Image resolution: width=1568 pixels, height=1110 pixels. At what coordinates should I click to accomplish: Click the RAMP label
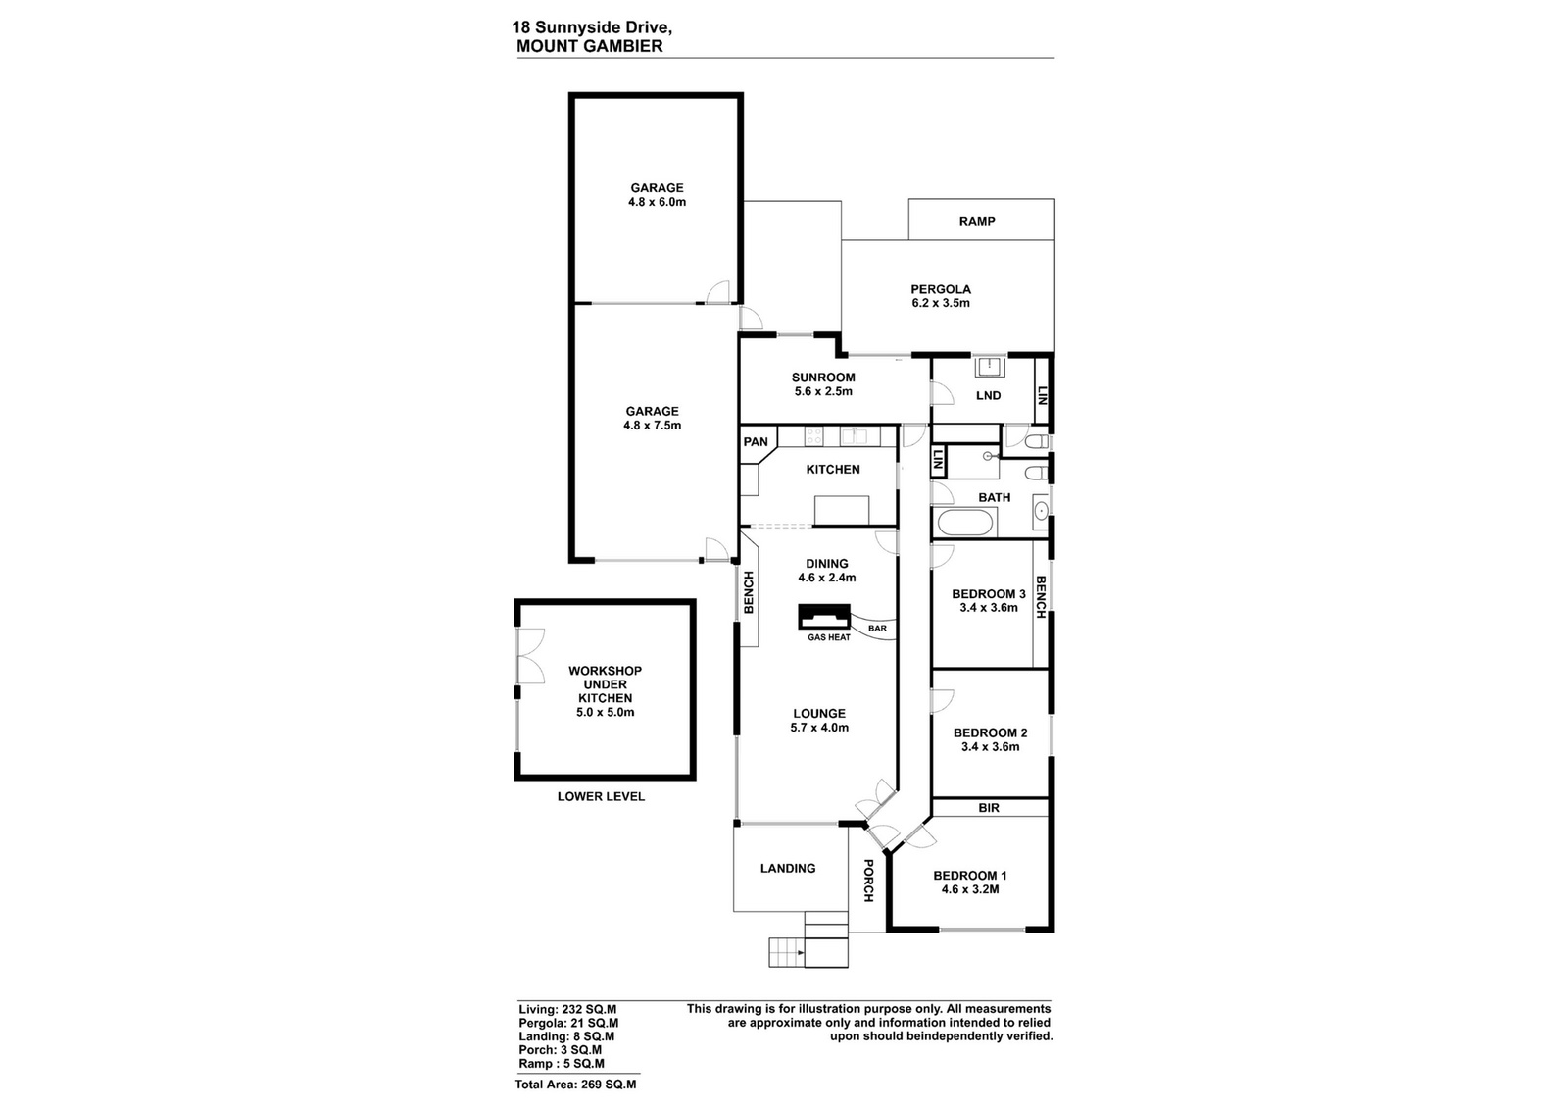[976, 222]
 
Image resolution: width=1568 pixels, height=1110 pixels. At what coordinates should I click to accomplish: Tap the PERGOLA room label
[940, 289]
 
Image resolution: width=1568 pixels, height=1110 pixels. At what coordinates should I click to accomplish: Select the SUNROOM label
[823, 378]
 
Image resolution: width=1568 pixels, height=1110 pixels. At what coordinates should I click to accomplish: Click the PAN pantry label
[756, 442]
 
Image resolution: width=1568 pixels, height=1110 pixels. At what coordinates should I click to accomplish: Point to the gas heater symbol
[824, 617]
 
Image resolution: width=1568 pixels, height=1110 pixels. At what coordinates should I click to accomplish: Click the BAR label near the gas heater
[877, 629]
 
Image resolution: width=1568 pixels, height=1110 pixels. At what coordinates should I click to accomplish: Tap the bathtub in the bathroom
[963, 523]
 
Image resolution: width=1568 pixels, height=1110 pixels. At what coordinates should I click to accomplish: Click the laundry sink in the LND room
[990, 367]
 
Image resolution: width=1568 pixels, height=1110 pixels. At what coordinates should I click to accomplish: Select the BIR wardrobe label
[989, 808]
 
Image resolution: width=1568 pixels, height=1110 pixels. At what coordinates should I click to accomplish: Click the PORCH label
[868, 881]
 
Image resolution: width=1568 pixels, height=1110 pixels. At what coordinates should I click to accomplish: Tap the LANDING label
[788, 869]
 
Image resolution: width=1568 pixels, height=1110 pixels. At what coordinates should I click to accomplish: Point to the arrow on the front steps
[800, 952]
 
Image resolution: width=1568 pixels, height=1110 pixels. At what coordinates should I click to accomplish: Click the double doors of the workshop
[529, 655]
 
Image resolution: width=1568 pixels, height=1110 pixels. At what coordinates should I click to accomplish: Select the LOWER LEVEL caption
[601, 796]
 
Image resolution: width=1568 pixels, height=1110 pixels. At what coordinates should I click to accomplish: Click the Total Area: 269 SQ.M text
[575, 1085]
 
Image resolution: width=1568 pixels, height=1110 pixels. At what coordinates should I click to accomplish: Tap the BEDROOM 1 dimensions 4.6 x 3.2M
[969, 890]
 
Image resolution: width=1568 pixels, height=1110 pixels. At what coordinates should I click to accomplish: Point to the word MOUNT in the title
[543, 46]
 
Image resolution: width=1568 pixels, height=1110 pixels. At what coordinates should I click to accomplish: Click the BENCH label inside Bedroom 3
[1040, 596]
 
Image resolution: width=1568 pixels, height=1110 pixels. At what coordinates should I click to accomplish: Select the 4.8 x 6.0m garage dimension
[657, 202]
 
